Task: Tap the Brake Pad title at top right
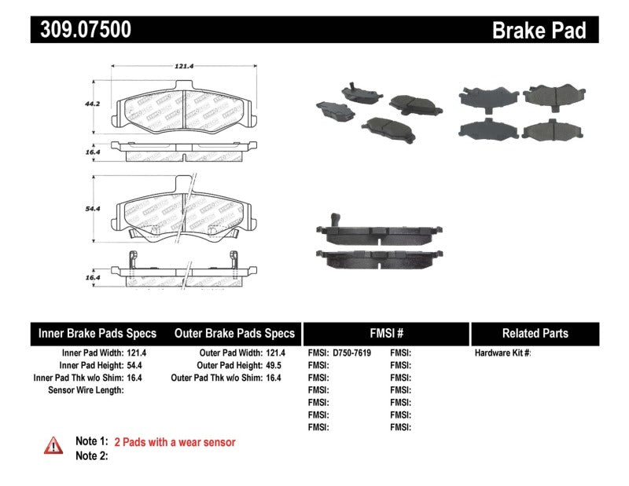(x=539, y=30)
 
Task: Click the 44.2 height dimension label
(x=94, y=102)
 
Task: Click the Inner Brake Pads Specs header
(x=97, y=334)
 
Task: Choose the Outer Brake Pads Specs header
(x=234, y=334)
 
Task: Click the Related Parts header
(x=535, y=334)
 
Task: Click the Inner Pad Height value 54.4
(x=137, y=366)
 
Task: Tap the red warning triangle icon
(x=53, y=444)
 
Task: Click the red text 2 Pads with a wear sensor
(x=175, y=442)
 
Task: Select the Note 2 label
(x=91, y=456)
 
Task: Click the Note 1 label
(x=91, y=442)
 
